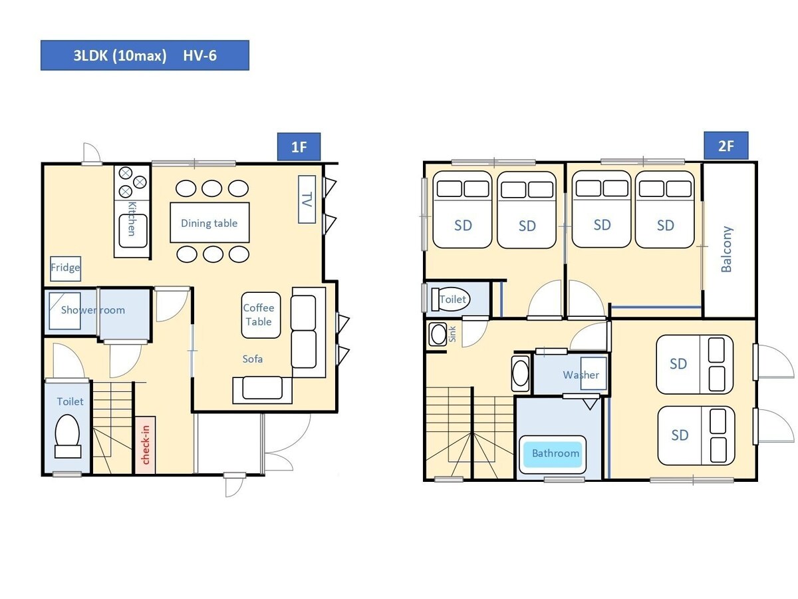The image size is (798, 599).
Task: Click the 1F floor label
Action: tap(299, 146)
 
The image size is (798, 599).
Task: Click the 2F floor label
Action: tap(726, 146)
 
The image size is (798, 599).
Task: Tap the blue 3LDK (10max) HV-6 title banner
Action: tap(145, 55)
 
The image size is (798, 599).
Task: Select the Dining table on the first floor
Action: tap(209, 222)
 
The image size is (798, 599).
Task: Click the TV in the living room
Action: tap(307, 199)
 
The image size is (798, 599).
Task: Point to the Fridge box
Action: tap(65, 268)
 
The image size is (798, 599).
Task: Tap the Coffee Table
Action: tap(261, 315)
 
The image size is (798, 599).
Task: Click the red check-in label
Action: tap(146, 445)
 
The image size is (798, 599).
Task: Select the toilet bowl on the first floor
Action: tap(68, 436)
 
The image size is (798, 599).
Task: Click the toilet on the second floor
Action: tap(450, 299)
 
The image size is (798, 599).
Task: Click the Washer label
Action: tap(581, 375)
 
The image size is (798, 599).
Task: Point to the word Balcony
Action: tap(726, 249)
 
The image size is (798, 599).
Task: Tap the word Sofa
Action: tap(252, 359)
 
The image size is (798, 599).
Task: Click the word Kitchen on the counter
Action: tap(132, 218)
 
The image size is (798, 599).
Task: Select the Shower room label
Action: tap(93, 310)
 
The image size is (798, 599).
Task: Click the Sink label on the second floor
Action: tap(452, 334)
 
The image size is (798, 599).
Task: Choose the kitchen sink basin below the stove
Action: tap(133, 231)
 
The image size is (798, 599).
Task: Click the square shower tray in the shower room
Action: tap(65, 311)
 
